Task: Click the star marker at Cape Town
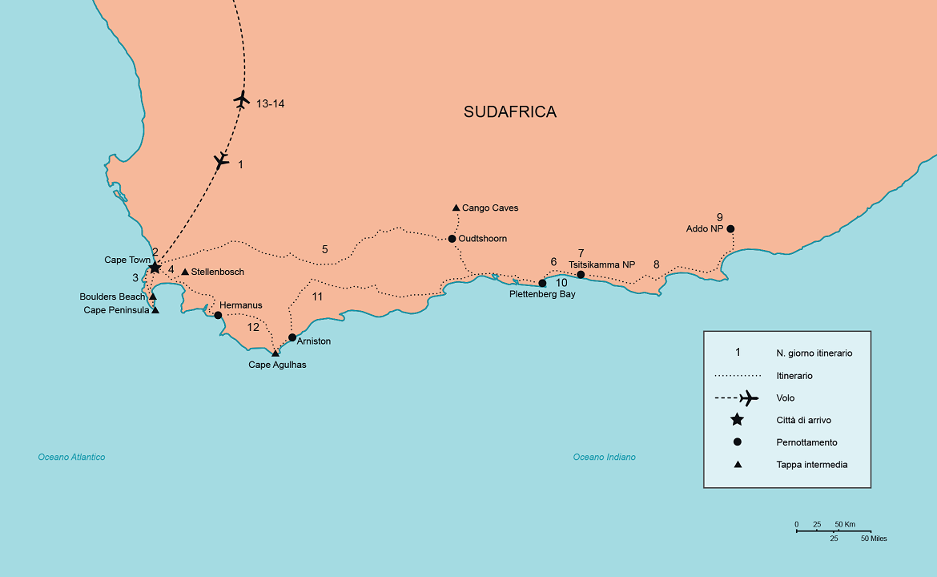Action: tap(155, 267)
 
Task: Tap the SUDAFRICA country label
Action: tap(509, 112)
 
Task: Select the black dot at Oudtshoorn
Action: tap(452, 239)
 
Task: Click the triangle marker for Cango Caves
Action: tap(456, 208)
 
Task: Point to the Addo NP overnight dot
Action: tap(730, 228)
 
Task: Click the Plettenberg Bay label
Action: tap(542, 294)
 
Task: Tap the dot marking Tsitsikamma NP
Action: tap(581, 275)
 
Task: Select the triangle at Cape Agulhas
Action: tap(275, 353)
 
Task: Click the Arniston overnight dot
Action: tap(292, 337)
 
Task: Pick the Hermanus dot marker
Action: tap(218, 315)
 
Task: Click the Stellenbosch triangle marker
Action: tap(185, 272)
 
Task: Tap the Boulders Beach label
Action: tap(112, 297)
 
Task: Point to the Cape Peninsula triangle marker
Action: tap(155, 310)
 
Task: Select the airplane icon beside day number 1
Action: tap(221, 160)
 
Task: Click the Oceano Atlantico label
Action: tap(71, 458)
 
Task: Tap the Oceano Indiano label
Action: tap(604, 458)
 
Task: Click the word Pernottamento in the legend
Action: tap(806, 442)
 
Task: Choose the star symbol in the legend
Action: tap(738, 420)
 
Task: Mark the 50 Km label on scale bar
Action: tap(845, 525)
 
